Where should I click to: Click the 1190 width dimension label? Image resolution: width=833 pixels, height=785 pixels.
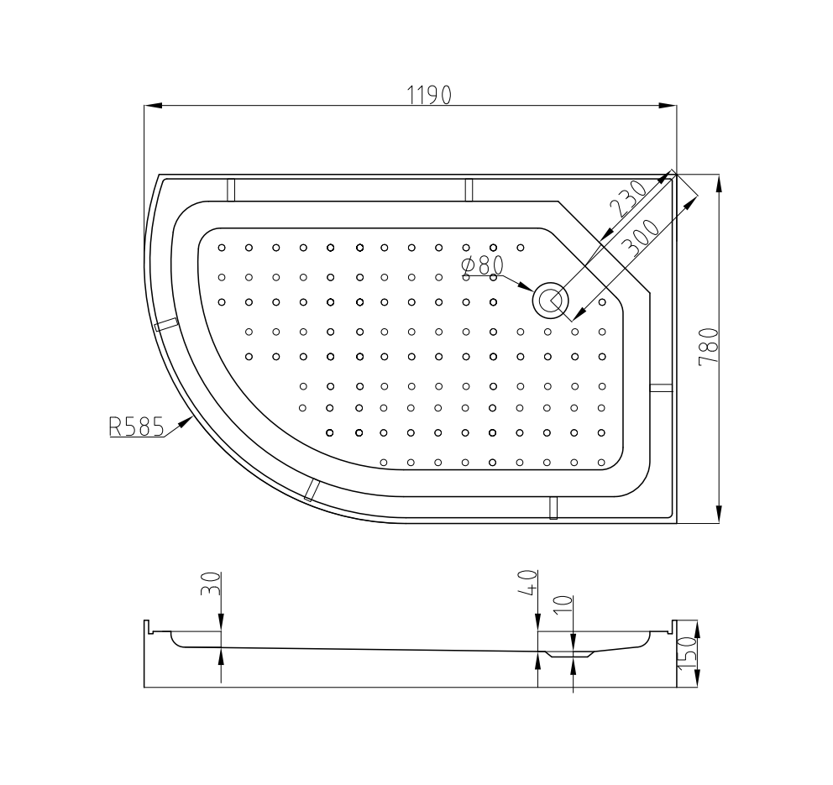(429, 95)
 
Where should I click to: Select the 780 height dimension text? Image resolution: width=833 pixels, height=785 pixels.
(709, 347)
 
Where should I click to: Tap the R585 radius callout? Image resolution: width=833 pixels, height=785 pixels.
(137, 426)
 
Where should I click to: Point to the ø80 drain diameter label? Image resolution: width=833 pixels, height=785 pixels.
(482, 265)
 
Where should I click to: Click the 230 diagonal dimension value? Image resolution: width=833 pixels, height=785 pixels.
(628, 199)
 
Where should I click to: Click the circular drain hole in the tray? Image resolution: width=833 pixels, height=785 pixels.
(550, 301)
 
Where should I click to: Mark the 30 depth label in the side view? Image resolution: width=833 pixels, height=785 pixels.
(211, 584)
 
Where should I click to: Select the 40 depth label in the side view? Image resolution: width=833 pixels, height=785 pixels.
(528, 583)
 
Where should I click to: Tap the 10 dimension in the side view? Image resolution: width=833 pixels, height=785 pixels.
(563, 605)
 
